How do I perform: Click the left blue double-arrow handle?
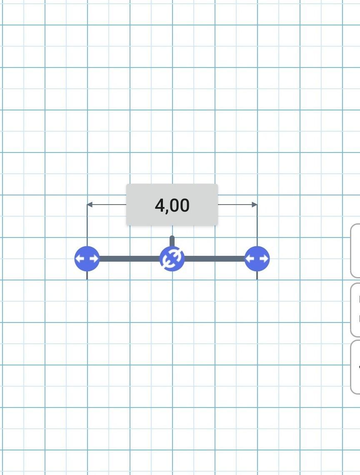pos(87,259)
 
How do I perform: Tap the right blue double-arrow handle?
pos(257,259)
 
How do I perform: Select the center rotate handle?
pos(172,259)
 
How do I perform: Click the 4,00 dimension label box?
pos(172,205)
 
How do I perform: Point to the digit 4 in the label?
pos(160,205)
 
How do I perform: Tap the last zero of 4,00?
pos(184,205)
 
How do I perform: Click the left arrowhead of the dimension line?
pos(89,205)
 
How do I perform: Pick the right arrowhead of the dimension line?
pos(255,205)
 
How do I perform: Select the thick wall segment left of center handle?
pos(130,259)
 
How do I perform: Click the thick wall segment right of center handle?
pos(215,259)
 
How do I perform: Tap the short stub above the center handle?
pos(172,241)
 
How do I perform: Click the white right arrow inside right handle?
pos(263,259)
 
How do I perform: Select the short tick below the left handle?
pos(87,275)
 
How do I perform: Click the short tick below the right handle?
pos(257,275)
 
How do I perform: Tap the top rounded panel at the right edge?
pos(355,250)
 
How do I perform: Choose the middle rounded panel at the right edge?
pos(355,310)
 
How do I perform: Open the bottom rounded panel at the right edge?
pos(355,367)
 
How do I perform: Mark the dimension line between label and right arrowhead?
pos(235,205)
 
